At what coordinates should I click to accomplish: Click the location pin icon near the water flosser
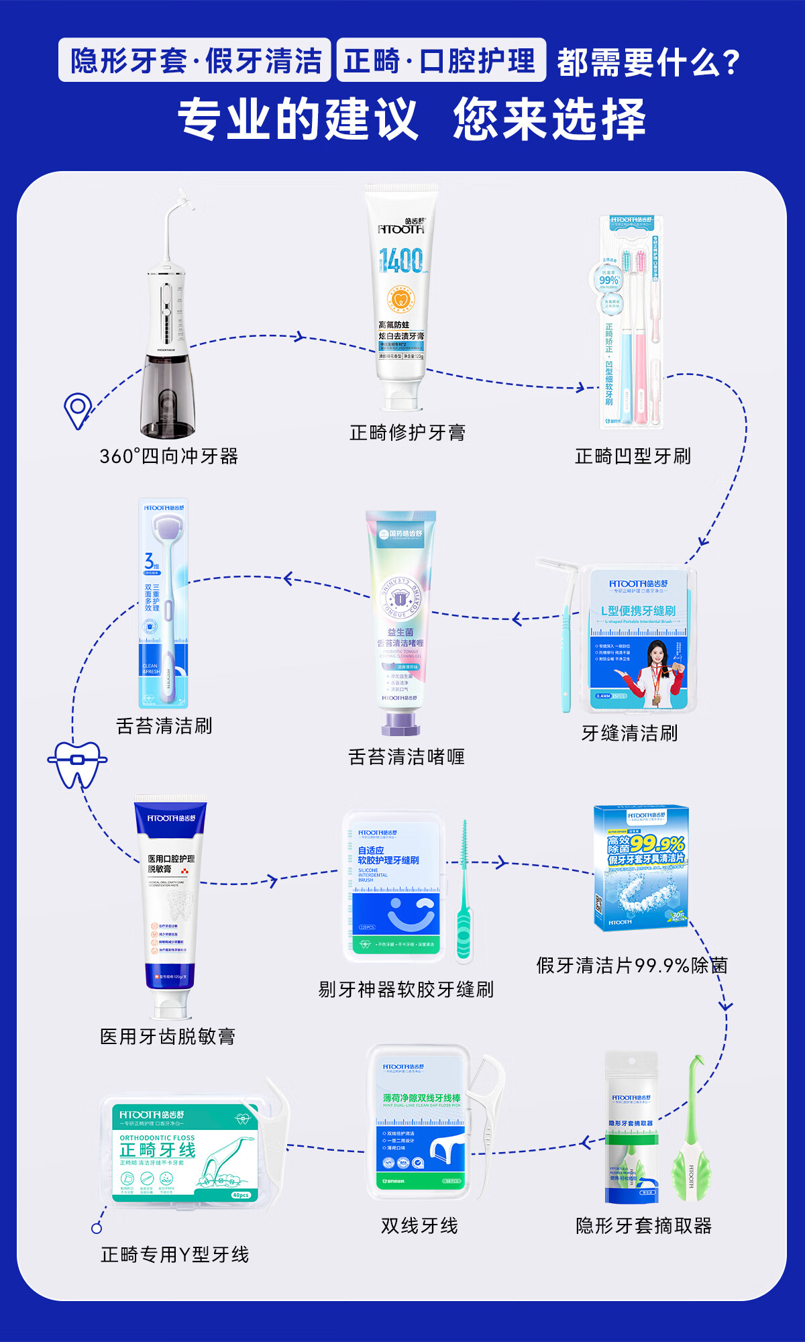coord(78,409)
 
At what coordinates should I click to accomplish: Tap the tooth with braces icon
coord(77,764)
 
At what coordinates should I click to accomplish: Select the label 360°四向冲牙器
coord(169,456)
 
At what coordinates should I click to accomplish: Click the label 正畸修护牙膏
coord(407,433)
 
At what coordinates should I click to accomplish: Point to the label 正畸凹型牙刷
coord(633,456)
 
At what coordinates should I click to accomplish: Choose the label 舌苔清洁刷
coord(164,726)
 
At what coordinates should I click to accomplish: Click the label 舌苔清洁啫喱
coord(407,757)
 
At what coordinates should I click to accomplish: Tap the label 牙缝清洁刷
coord(629,733)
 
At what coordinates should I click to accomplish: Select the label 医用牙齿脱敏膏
coord(168,1037)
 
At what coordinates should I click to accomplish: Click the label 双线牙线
coord(419,1226)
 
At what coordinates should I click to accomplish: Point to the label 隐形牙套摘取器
coord(643,1226)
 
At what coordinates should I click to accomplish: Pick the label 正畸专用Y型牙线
coord(174,1255)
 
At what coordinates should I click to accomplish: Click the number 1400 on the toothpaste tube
coord(400,260)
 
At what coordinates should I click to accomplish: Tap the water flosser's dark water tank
coord(167,396)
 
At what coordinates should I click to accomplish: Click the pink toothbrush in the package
coord(641,335)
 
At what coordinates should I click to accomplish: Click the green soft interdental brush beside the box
coord(464,899)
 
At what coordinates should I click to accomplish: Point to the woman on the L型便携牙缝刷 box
coord(658,671)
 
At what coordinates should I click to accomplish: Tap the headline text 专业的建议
coord(298,119)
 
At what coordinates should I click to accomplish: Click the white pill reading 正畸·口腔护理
coord(441,61)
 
